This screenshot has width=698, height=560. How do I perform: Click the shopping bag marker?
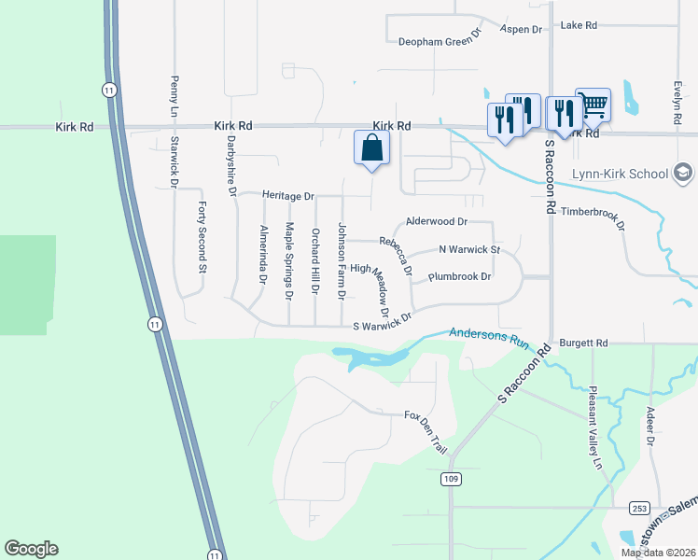pyautogui.click(x=371, y=148)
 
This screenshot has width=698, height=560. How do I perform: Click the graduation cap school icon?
pyautogui.click(x=683, y=173)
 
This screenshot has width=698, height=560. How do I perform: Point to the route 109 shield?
pyautogui.click(x=451, y=478)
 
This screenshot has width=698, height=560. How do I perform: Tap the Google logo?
pyautogui.click(x=31, y=549)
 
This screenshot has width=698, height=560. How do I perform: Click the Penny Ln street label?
pyautogui.click(x=174, y=92)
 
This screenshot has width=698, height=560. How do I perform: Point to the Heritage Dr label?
pyautogui.click(x=288, y=196)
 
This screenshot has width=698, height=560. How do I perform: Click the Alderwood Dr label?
pyautogui.click(x=436, y=222)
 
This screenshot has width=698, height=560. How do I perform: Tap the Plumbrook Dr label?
pyautogui.click(x=459, y=277)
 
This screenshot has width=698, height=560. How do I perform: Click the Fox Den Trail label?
pyautogui.click(x=426, y=430)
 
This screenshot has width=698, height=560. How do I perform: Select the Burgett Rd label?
pyautogui.click(x=583, y=343)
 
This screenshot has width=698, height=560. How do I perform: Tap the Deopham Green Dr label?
pyautogui.click(x=439, y=41)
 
